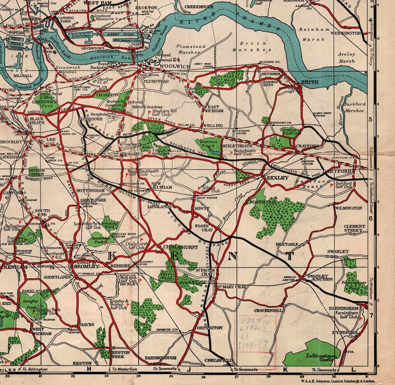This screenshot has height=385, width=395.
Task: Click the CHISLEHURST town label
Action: (x=181, y=247)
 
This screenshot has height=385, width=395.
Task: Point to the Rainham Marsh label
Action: (x=314, y=34)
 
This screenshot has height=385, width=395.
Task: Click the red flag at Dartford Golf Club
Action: (x=331, y=185)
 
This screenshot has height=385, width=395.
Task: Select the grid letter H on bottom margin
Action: (x=89, y=369)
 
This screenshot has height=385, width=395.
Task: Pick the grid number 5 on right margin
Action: (x=370, y=120)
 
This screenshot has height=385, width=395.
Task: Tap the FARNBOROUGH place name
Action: (x=161, y=358)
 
